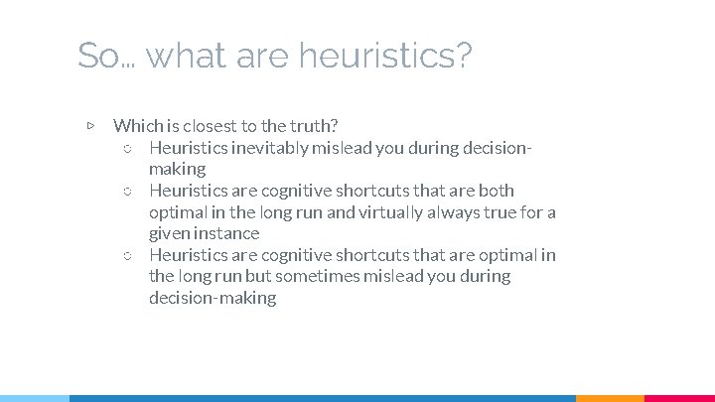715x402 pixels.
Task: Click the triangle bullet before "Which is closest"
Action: [90, 126]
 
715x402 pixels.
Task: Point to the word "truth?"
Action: [314, 126]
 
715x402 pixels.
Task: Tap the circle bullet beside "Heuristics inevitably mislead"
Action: [127, 149]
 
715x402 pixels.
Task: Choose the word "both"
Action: [496, 191]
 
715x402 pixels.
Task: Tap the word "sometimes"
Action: [314, 276]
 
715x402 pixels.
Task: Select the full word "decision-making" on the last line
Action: [213, 298]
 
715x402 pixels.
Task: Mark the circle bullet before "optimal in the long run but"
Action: [127, 256]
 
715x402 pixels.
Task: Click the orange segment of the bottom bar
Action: [610, 397]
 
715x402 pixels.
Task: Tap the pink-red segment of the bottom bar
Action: [679, 397]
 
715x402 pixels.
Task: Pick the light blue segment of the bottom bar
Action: [34, 397]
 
